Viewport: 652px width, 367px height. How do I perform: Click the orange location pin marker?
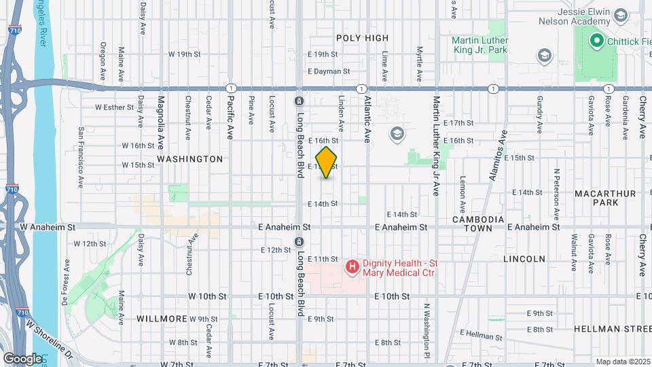coord(327,162)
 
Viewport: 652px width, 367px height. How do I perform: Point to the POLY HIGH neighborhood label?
coord(362,38)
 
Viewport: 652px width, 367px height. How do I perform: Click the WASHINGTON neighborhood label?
coord(189,159)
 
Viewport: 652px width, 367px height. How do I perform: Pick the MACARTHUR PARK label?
coord(604,198)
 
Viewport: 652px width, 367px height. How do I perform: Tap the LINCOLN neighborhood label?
coord(524,259)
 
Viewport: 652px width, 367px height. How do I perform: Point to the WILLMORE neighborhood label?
coord(161,318)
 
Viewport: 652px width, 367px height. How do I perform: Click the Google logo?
coord(22,358)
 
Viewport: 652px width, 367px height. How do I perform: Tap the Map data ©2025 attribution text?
coord(622,362)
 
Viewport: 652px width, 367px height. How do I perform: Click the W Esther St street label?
coord(115,107)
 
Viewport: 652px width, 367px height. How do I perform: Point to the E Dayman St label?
coord(328,71)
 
